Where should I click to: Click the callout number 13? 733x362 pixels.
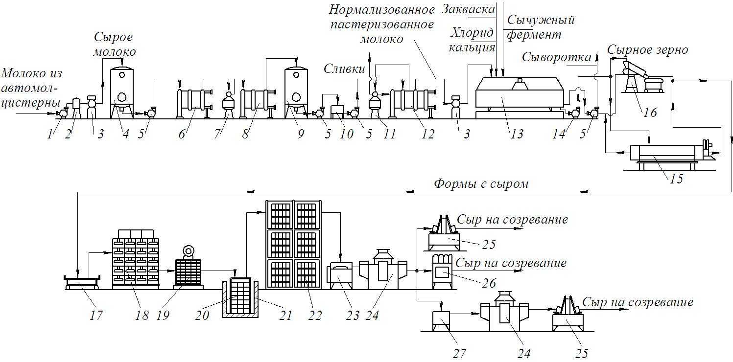coord(517,134)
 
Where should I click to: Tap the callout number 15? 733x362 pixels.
coord(677,179)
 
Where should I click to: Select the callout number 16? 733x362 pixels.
coord(650,113)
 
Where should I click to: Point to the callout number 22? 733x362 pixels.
coord(315,315)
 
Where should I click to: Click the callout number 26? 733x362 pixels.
coord(489,283)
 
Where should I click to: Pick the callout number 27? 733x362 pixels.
coord(459,354)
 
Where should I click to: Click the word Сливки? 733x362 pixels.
coord(344,68)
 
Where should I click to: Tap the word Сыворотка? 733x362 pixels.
coord(557,58)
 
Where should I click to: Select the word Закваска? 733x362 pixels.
coord(468,9)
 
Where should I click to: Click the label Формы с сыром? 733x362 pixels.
coord(481,184)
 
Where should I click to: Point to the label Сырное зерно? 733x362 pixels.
coord(648,50)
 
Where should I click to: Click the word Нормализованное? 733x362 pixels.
coord(382,10)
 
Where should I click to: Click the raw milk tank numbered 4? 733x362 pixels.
coord(122,91)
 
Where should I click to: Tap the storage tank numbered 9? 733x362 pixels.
coord(296,91)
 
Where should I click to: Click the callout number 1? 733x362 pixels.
coord(50,134)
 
